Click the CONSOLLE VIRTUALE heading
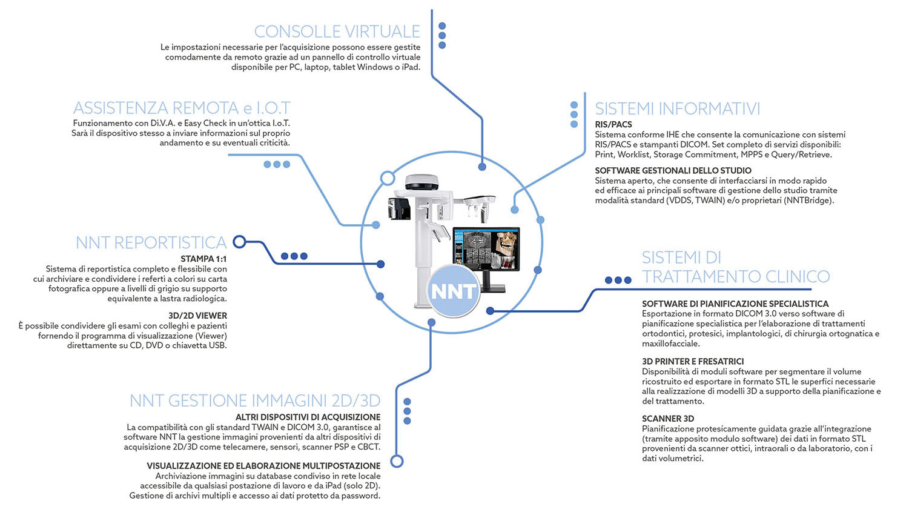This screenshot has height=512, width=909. point(337,32)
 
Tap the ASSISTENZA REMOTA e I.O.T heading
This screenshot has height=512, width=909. point(182,108)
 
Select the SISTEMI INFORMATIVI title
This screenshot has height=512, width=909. point(677,109)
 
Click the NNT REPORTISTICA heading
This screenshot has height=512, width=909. point(151,242)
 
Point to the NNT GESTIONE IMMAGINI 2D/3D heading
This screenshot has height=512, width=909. point(255,401)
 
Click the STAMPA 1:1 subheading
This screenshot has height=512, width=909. point(203,259)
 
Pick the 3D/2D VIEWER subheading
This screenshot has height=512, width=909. point(197,316)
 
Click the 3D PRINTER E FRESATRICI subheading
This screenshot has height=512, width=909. point(693,361)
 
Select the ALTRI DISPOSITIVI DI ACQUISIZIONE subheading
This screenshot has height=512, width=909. point(308,417)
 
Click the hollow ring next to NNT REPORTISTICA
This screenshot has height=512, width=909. point(239,242)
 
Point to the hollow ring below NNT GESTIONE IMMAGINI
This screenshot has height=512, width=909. point(397,461)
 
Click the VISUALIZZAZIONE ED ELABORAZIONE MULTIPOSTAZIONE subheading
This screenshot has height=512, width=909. point(264,466)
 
